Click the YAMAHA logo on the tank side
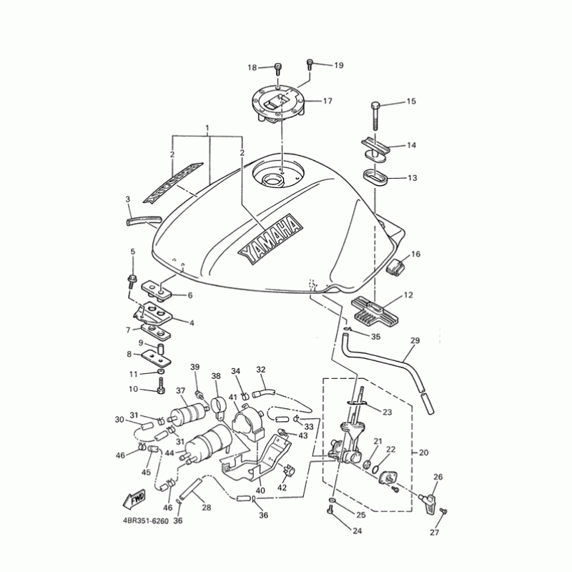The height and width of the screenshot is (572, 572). [269, 237]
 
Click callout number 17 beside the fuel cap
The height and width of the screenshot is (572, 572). [327, 102]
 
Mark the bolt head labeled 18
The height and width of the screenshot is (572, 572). [277, 69]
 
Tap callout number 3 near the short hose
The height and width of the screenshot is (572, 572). [127, 199]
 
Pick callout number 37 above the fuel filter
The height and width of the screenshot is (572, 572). [181, 391]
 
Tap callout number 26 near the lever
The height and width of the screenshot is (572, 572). [438, 477]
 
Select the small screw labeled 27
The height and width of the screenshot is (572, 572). [443, 512]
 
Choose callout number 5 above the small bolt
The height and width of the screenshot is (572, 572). [132, 252]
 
